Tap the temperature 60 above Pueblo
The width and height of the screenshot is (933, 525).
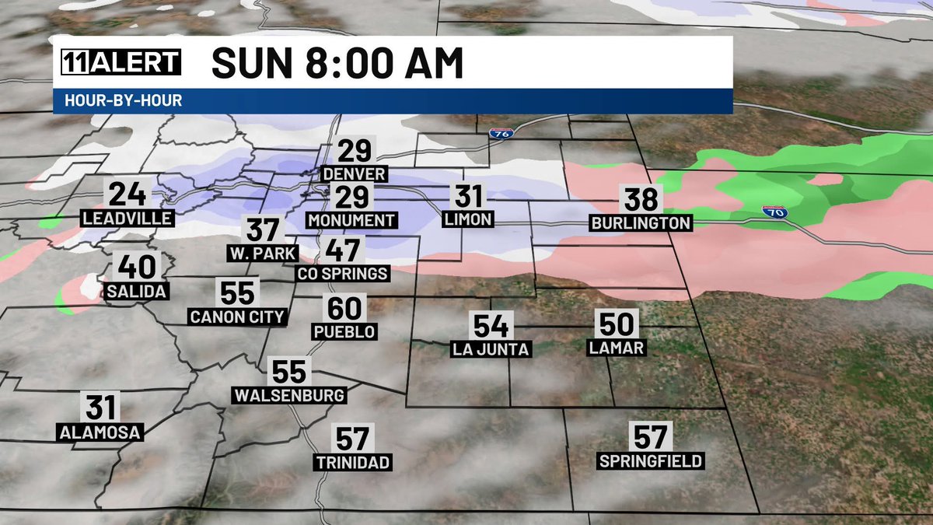tap(344, 309)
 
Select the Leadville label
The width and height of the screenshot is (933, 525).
tap(126, 219)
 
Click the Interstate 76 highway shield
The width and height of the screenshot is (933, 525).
tap(500, 134)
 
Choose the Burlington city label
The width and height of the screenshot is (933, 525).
tap(641, 223)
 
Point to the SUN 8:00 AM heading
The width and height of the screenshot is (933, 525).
tap(337, 64)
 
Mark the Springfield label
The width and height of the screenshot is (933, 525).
tap(651, 461)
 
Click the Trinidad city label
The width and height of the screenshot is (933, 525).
tap(353, 463)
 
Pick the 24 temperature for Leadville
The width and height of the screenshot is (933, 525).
tap(126, 194)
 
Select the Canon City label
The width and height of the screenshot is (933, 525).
tap(237, 317)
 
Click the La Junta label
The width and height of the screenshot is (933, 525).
tap(491, 349)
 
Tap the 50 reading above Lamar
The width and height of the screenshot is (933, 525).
tap(617, 324)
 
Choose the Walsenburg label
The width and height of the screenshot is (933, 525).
tap(289, 395)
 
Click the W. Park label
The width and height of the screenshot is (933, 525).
tap(262, 253)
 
